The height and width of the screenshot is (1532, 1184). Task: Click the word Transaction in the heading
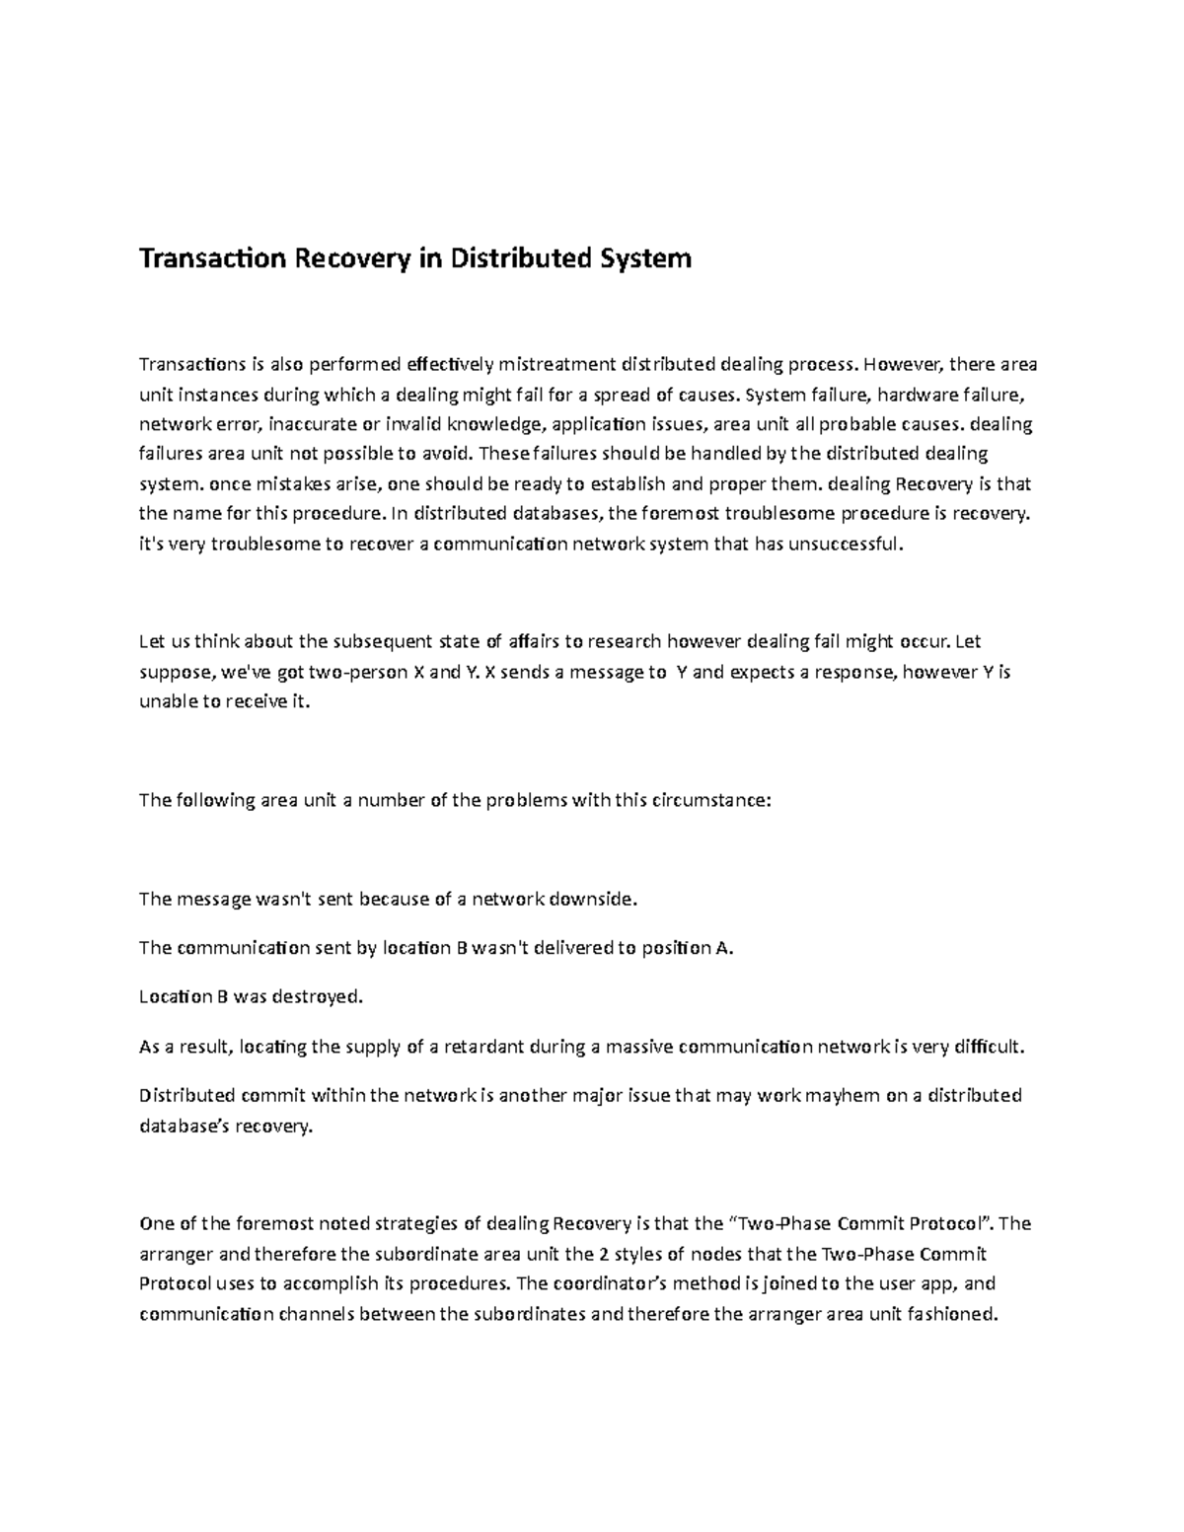pos(204,258)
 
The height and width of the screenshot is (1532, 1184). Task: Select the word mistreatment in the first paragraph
pos(557,365)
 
